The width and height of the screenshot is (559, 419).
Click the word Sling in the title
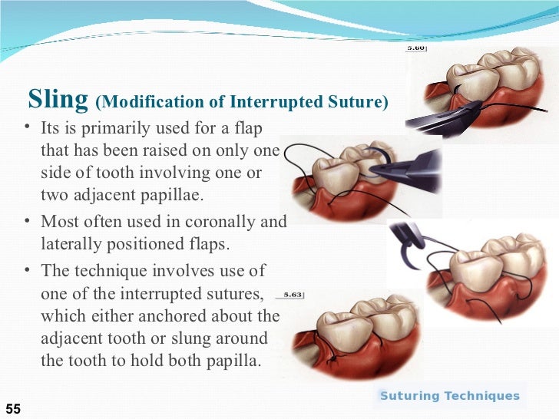point(58,99)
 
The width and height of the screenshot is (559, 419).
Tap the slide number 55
point(14,409)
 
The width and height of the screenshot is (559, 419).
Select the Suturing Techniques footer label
point(450,396)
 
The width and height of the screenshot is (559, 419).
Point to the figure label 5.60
point(416,48)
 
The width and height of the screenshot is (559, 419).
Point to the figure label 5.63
point(294,294)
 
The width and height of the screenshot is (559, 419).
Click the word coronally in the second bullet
point(214,222)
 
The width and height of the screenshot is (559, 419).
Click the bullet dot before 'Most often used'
point(28,223)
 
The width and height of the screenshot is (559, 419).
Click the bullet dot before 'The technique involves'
point(28,271)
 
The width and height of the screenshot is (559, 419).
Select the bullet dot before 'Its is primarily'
point(28,127)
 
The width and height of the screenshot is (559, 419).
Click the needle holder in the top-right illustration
point(438,114)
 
